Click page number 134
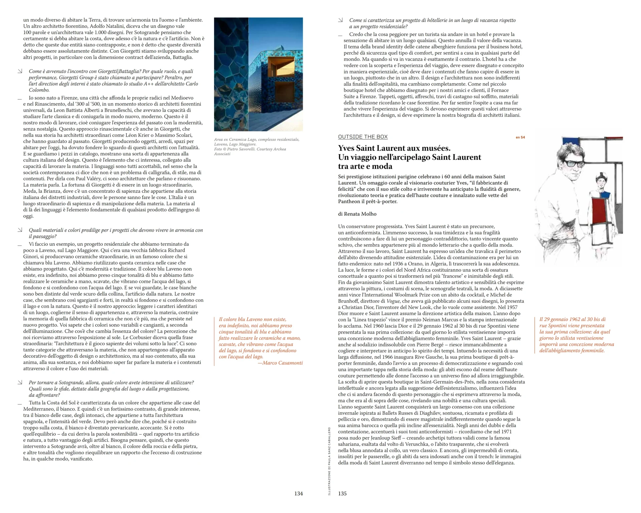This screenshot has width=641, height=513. (298, 494)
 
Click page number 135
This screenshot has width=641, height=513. (342, 494)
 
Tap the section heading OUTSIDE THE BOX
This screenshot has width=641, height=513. (363, 137)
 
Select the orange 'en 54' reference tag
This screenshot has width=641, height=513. (520, 137)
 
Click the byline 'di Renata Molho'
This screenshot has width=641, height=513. (357, 214)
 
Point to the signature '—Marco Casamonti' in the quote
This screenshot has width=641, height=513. (280, 363)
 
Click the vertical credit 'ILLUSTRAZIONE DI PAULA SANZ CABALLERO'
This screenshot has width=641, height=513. (329, 461)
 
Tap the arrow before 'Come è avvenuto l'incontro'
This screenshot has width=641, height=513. (20, 71)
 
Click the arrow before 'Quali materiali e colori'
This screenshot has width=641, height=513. (20, 230)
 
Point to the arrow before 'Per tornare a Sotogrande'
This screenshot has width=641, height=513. (20, 382)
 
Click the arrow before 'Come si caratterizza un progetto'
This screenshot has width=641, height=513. (341, 20)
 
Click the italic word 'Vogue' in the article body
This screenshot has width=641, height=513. (393, 301)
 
